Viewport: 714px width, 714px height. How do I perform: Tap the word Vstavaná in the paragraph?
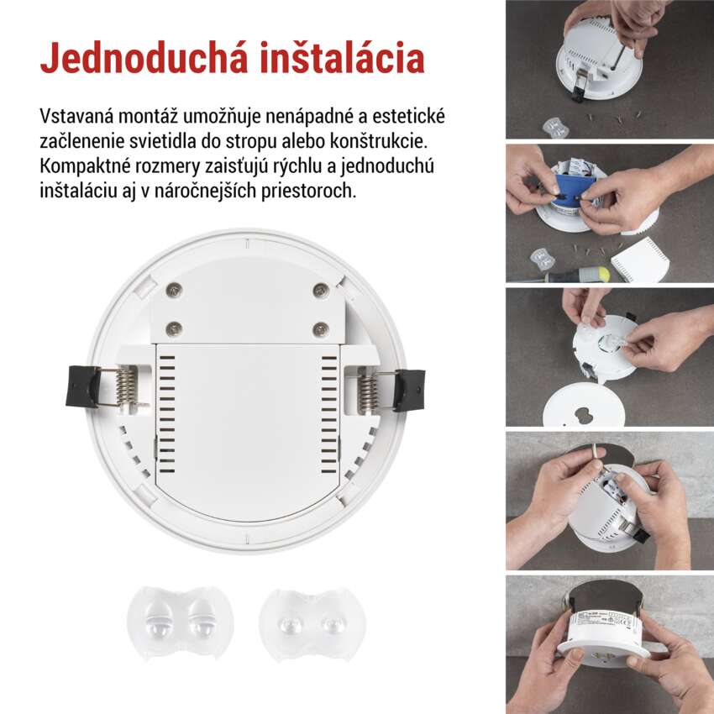tap(76, 116)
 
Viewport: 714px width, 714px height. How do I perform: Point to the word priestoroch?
tap(309, 191)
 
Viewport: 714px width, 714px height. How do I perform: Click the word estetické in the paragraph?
tap(408, 116)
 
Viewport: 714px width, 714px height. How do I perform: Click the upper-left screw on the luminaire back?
tap(174, 288)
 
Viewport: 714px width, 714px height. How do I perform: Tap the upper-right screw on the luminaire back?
tap(321, 288)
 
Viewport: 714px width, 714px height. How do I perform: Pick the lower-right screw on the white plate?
tap(321, 328)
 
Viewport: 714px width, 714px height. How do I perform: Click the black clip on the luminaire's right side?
tap(409, 391)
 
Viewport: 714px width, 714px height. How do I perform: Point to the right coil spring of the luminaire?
tap(369, 391)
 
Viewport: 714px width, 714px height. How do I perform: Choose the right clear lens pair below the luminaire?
tap(312, 622)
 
